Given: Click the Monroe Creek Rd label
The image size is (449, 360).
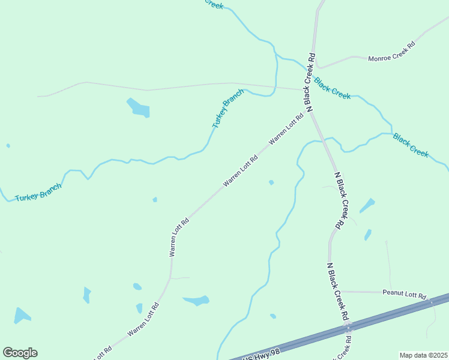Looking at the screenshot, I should [392, 52].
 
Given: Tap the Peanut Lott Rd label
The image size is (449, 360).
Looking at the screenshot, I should [404, 295].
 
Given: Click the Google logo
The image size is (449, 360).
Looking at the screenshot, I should [20, 353].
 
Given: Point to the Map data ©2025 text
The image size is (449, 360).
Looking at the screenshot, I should [423, 355].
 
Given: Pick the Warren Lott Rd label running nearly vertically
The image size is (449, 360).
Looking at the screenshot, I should [179, 237].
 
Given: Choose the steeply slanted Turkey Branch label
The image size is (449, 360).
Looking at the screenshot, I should [228, 109].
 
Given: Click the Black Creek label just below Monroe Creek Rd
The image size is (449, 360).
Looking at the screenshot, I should [333, 89].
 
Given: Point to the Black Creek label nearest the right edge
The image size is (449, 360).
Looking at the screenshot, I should [411, 145].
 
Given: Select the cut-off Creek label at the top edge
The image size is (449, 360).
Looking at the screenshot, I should [214, 4].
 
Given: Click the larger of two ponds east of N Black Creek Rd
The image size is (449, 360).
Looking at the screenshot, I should [367, 206].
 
